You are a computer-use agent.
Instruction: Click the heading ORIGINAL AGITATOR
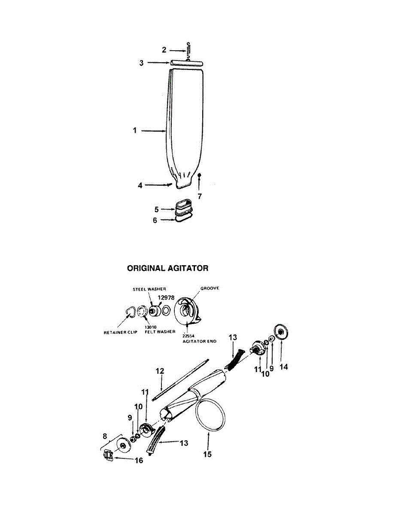pos(167,268)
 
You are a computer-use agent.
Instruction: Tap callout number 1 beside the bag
pos(135,130)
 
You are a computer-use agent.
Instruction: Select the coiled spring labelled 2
pos(188,51)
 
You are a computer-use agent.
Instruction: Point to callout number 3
pos(141,63)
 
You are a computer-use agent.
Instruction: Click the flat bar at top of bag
pos(186,63)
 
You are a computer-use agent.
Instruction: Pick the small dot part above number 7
pos(200,176)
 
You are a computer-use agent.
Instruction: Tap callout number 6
pos(156,220)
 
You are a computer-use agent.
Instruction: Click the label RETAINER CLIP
pos(121,333)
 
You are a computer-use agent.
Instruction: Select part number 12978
pos(166,297)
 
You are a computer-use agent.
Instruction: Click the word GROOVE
pos(209,288)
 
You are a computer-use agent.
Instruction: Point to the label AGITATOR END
pos(198,341)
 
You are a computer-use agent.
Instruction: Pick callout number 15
pos(207,454)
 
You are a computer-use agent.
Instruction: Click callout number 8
pos(104,436)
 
